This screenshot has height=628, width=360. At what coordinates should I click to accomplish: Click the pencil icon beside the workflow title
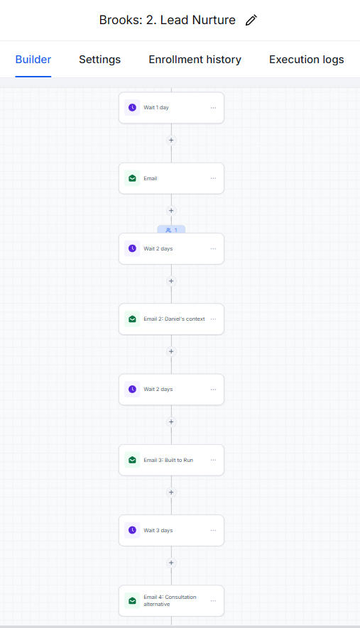click(x=251, y=20)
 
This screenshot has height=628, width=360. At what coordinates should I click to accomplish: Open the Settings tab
click(x=100, y=60)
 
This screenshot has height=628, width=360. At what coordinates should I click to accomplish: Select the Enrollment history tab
click(x=195, y=60)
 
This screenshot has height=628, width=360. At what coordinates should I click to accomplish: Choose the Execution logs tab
click(x=307, y=60)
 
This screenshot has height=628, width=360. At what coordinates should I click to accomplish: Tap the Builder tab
click(x=33, y=60)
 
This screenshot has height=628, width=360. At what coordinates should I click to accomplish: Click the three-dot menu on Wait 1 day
click(x=213, y=108)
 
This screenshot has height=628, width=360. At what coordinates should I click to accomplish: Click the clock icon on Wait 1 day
click(x=132, y=108)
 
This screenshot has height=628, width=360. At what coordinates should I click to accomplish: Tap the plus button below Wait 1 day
click(x=171, y=141)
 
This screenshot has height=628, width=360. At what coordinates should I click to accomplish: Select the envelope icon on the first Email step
click(x=132, y=178)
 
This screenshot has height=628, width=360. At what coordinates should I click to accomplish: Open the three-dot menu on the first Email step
click(x=213, y=178)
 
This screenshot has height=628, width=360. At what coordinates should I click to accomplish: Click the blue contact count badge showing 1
click(x=171, y=230)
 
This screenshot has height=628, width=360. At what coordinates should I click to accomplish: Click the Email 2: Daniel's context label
click(x=175, y=319)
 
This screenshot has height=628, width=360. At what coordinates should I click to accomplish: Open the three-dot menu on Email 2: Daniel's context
click(x=213, y=319)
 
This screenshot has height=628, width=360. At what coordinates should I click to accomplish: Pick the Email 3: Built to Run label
click(x=168, y=460)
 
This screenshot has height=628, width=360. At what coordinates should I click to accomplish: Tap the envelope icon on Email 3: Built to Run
click(x=132, y=460)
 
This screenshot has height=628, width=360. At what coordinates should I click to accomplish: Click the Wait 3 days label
click(x=158, y=530)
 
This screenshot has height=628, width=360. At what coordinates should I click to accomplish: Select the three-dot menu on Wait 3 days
click(x=213, y=530)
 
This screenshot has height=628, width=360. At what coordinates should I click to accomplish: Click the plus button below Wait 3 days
click(x=171, y=563)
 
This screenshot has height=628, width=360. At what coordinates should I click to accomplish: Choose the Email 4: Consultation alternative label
click(x=170, y=600)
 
